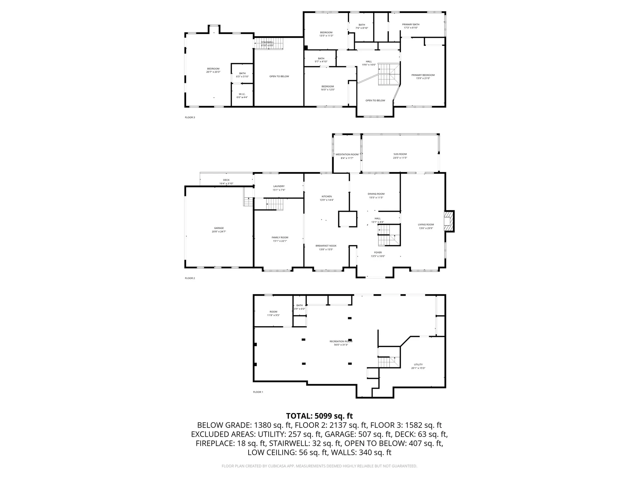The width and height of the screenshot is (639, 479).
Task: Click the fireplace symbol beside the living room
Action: [x=449, y=221]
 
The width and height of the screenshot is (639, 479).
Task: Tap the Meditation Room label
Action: [x=347, y=154]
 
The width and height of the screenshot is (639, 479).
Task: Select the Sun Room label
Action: [x=400, y=154]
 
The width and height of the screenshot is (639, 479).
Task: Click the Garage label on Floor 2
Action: [x=219, y=228]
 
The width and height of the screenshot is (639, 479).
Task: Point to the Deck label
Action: [x=226, y=180]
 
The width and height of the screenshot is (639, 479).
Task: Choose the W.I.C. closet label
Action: [x=242, y=94]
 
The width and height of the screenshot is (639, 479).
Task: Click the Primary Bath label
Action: [x=411, y=24]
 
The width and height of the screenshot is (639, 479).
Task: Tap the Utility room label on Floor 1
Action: [x=418, y=365]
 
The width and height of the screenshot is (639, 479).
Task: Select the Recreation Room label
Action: [x=341, y=341]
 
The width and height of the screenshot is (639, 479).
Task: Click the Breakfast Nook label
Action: [x=326, y=246]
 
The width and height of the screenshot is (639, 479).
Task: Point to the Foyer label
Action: [x=378, y=252]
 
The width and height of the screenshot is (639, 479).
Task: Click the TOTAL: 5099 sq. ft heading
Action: [x=319, y=416]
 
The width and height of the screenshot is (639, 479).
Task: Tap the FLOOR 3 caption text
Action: [x=190, y=117]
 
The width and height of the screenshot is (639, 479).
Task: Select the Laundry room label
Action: [x=279, y=186]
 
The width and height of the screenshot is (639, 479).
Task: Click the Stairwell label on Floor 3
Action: [x=267, y=42]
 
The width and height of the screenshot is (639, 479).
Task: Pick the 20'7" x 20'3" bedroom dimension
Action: [x=213, y=72]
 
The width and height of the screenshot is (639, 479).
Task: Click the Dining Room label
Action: [x=376, y=194]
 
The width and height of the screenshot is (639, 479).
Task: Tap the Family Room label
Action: [x=280, y=238]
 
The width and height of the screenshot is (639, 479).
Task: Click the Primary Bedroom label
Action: [x=423, y=75]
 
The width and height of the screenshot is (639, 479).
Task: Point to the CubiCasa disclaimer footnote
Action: [x=319, y=466]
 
